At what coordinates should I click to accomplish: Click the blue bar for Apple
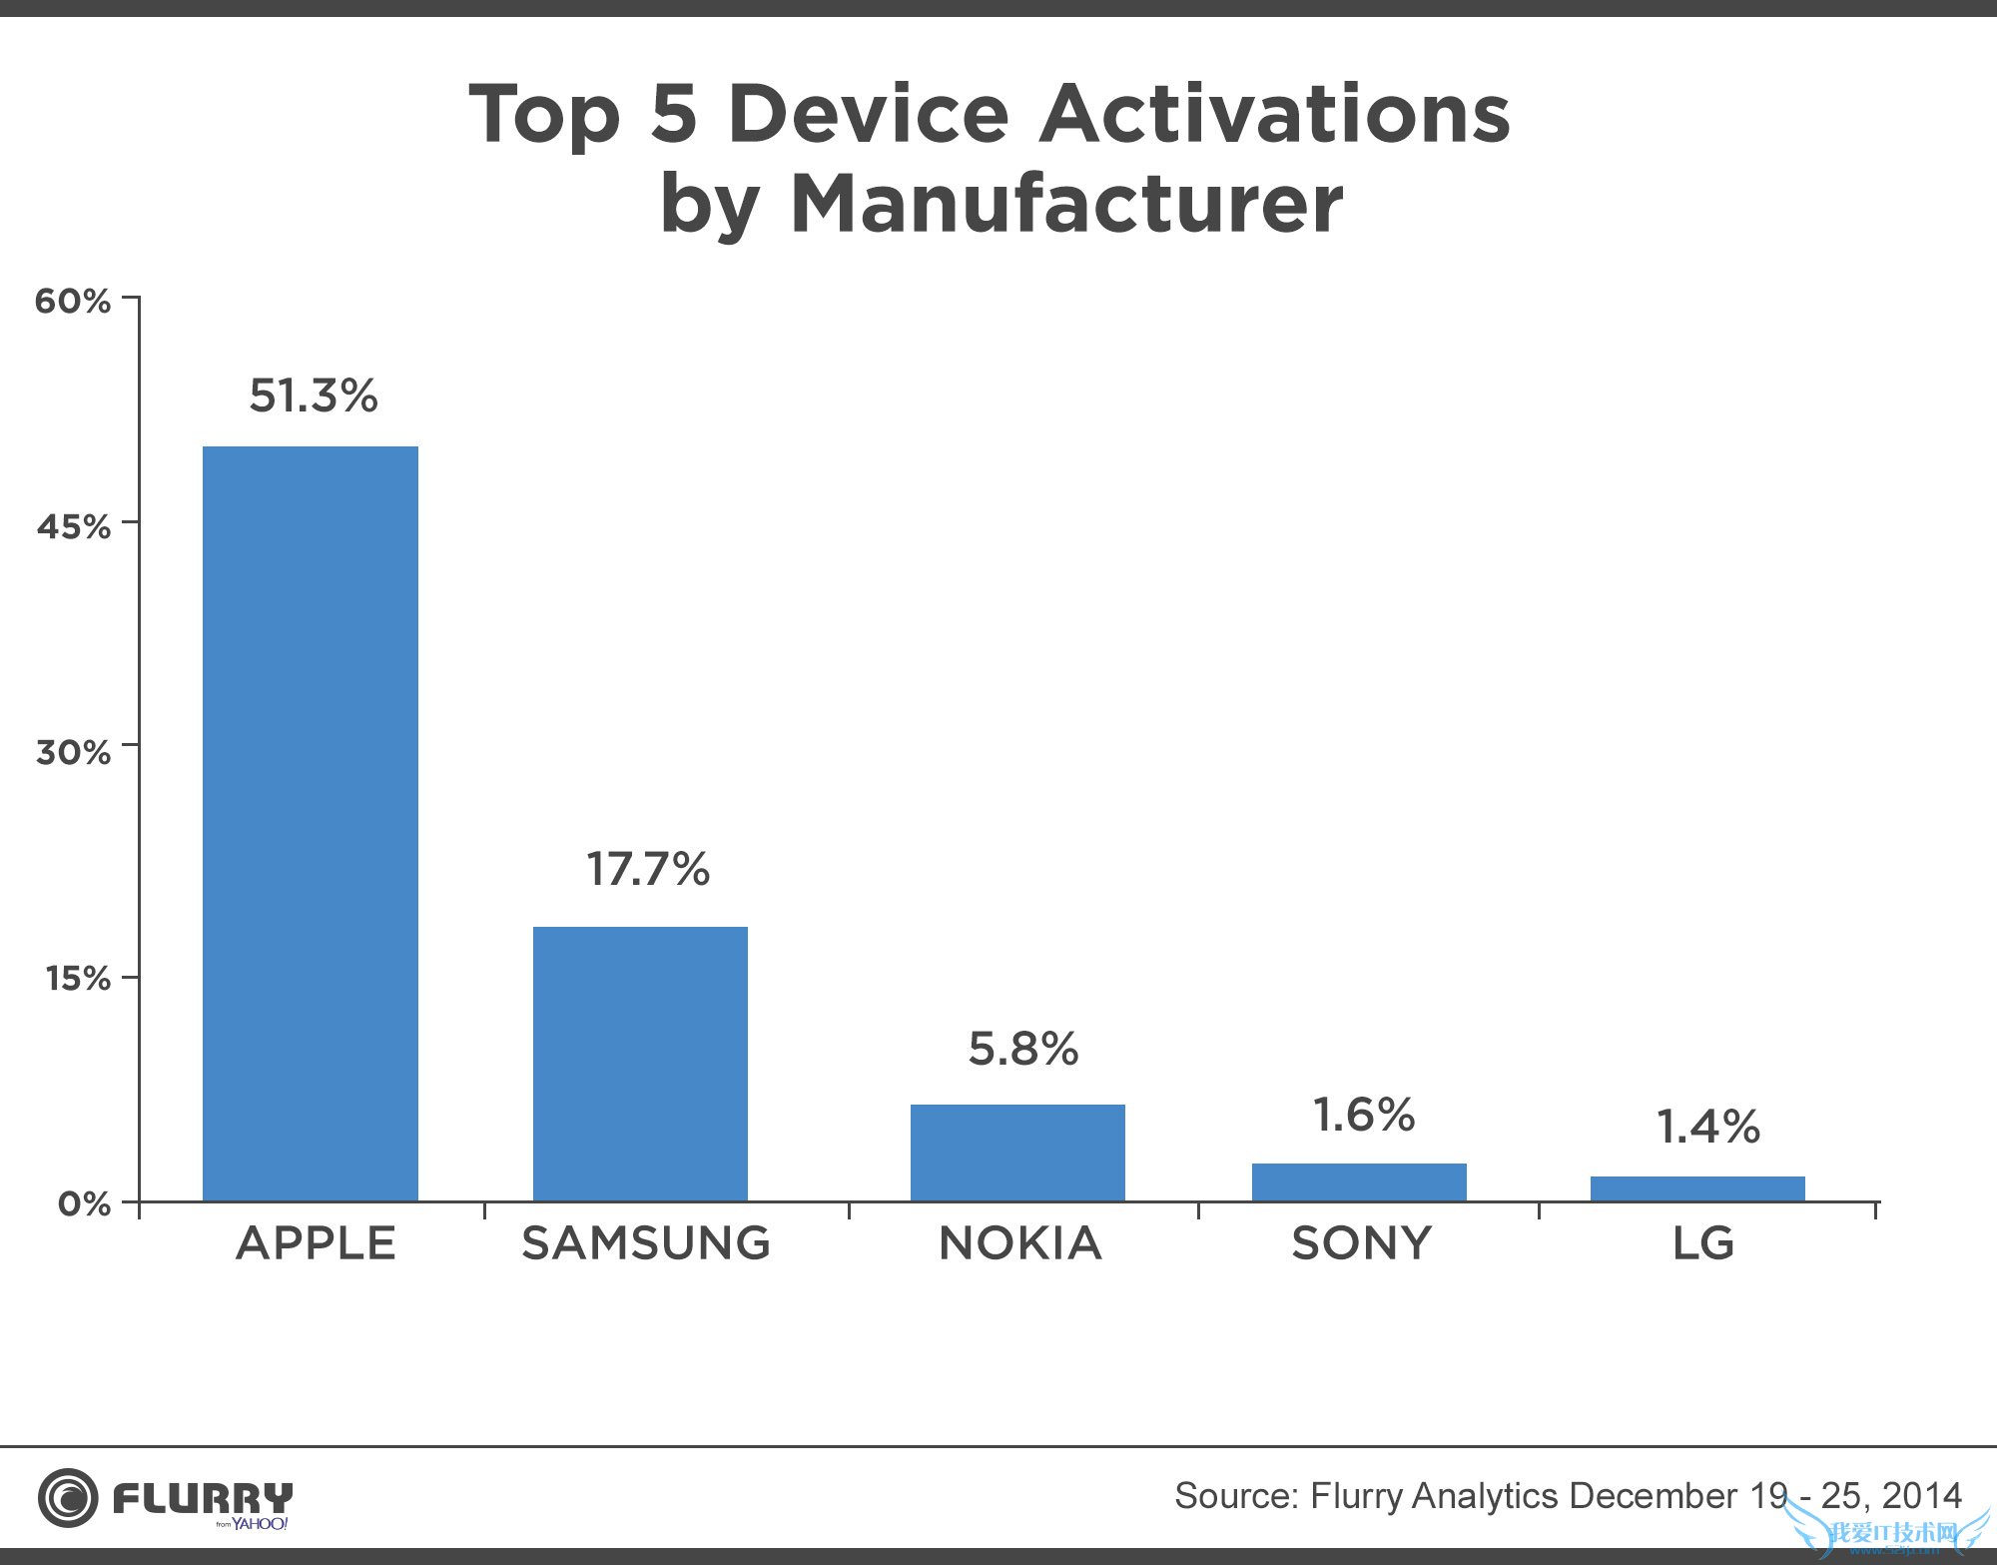pos(311,823)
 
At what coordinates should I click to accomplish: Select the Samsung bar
pos(640,1063)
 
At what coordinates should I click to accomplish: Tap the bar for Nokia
pos(1017,1152)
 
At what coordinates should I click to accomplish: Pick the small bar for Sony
pos(1359,1181)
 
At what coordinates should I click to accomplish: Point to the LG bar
pos(1697,1188)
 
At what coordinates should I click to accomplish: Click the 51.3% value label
pos(314,395)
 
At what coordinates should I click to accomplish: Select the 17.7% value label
pos(647,869)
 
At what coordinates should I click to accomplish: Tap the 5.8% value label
pos(1023,1049)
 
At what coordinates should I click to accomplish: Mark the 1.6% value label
pos(1364,1116)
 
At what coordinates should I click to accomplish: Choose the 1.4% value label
pos(1707,1128)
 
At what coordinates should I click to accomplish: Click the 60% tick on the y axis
pos(73,301)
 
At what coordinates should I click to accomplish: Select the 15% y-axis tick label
pos(78,979)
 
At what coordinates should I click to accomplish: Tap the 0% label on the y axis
pos(84,1203)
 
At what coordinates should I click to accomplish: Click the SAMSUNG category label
pos(646,1243)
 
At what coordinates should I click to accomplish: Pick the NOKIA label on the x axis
pos(1020,1243)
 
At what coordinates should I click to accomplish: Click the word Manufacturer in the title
pos(1065,205)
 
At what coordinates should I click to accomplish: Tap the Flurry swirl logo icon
pos(68,1498)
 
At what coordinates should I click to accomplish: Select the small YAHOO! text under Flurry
pos(260,1524)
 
